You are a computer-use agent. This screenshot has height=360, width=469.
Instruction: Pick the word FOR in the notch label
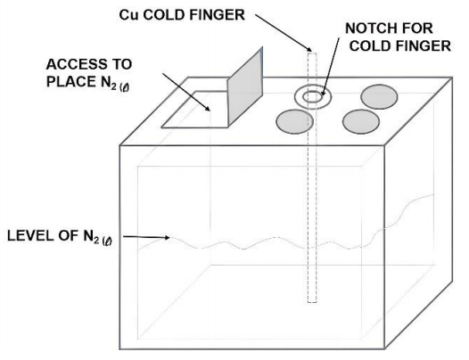pyautogui.click(x=418, y=29)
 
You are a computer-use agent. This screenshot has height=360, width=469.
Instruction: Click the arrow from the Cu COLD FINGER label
pyautogui.click(x=284, y=33)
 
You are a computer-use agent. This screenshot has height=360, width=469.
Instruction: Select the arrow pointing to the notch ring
pyautogui.click(x=331, y=66)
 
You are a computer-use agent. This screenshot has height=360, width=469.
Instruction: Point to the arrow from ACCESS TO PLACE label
pyautogui.click(x=186, y=92)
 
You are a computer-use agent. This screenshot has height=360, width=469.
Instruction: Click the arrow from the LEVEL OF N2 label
pyautogui.click(x=146, y=237)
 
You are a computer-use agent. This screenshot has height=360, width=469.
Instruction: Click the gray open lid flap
pyautogui.click(x=245, y=87)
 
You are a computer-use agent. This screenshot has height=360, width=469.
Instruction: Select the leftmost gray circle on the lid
pyautogui.click(x=294, y=121)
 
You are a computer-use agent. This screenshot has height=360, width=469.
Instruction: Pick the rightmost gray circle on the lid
pyautogui.click(x=379, y=96)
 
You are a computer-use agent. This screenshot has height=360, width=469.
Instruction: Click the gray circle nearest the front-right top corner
pyautogui.click(x=361, y=121)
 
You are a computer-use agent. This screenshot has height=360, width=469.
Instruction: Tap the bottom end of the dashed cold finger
pyautogui.click(x=312, y=302)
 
